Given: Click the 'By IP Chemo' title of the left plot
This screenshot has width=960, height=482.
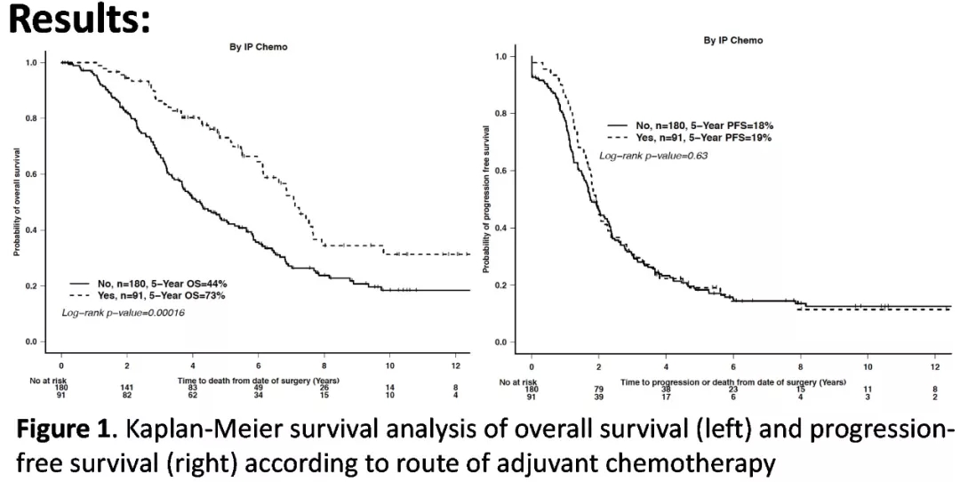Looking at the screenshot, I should (x=259, y=46).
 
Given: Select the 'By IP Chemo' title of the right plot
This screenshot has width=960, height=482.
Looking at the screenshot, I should (x=733, y=40).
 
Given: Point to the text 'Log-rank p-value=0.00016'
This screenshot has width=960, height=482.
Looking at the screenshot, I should (x=123, y=313).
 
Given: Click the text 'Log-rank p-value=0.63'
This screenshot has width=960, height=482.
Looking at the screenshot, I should (x=653, y=156).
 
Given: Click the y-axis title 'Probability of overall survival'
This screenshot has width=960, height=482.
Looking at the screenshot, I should (x=17, y=202).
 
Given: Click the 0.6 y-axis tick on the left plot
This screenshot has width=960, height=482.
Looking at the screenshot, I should (x=31, y=174).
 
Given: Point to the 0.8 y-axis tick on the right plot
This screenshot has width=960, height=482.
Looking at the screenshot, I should (x=500, y=114).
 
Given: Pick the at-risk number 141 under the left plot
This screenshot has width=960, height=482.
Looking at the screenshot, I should (x=127, y=388).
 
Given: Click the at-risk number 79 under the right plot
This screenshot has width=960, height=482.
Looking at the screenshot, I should (x=598, y=388).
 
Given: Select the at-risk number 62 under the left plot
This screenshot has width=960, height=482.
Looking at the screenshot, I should (x=192, y=396).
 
